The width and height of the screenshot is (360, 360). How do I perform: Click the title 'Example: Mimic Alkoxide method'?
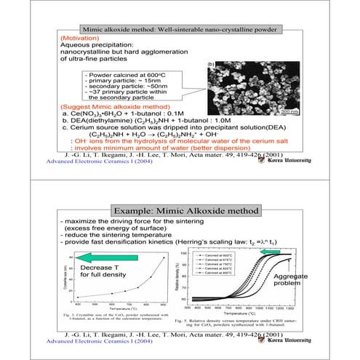(x=180, y=211)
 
